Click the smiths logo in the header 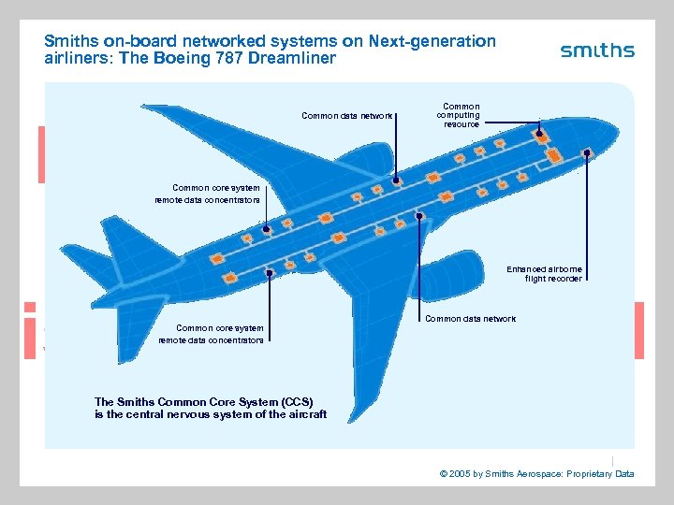(597, 50)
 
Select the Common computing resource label (461, 116)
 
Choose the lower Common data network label (470, 319)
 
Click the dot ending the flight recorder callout (587, 152)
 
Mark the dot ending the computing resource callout (539, 134)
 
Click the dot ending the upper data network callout (396, 180)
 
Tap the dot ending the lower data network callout (419, 216)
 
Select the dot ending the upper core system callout (267, 229)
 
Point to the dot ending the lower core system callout (270, 273)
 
